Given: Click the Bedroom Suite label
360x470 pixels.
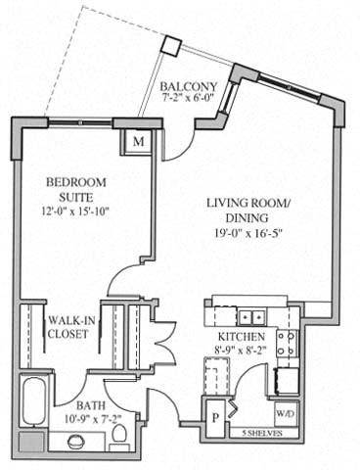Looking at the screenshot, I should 74,190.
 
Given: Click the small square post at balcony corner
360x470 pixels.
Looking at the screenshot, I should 171,46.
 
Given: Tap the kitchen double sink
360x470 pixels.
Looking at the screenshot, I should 249,317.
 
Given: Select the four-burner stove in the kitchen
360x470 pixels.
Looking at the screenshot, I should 288,342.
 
